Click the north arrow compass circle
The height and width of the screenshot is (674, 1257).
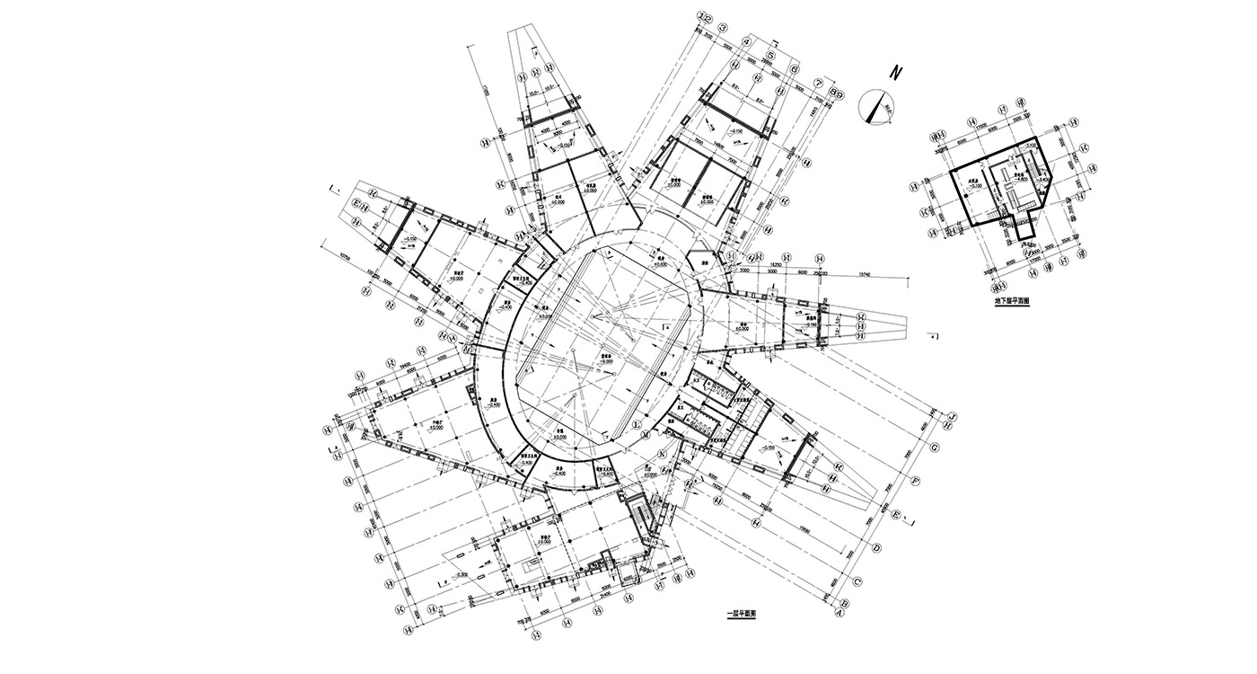tap(875, 106)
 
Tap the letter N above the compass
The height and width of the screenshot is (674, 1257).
tap(895, 72)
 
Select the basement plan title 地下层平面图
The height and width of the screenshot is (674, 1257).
tap(1011, 302)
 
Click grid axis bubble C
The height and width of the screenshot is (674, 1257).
tap(857, 581)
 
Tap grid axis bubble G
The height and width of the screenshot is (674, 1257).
tap(934, 448)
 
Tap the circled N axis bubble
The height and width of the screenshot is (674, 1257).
tap(663, 453)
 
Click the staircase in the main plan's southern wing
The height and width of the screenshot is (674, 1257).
tap(640, 516)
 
